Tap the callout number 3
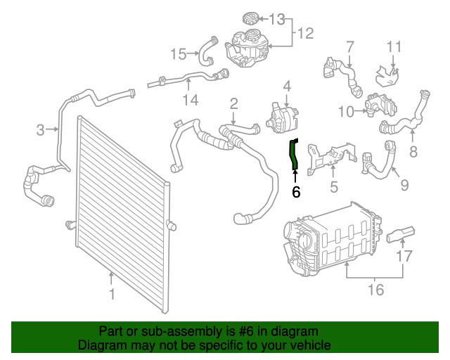[41, 129]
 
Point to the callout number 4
[287, 86]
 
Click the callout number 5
[334, 187]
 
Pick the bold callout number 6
[296, 191]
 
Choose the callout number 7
[349, 47]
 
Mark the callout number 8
[413, 150]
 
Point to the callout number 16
[376, 289]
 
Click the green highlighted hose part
[295, 154]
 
